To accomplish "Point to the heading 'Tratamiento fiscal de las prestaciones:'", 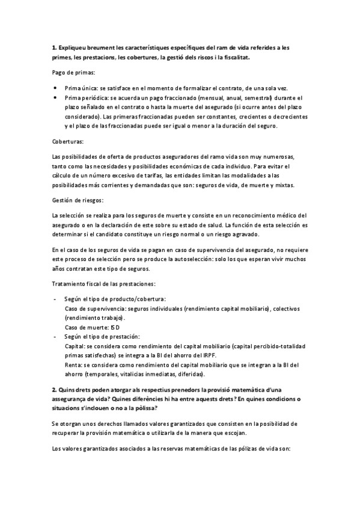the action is click(103, 283).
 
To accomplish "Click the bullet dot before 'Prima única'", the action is click(55, 88).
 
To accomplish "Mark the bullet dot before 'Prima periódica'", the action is click(55, 97).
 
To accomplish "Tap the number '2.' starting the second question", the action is click(55, 373).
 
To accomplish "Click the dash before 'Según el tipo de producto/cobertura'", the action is click(55, 299).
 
